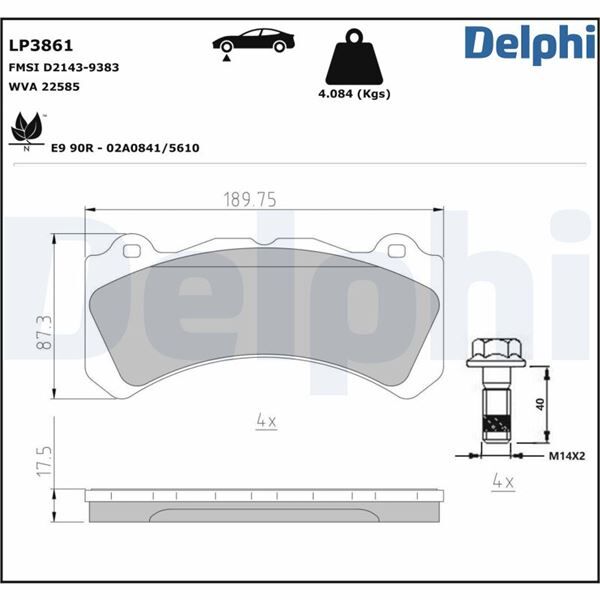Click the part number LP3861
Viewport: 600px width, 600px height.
point(41,45)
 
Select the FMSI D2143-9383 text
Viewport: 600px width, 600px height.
point(63,66)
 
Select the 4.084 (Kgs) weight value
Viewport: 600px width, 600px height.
point(353,94)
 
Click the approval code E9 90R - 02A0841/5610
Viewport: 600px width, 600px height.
point(125,147)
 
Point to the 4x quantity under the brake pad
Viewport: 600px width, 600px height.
point(265,422)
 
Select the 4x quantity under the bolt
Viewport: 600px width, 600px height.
point(502,482)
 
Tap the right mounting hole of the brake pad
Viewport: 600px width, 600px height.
point(393,249)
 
